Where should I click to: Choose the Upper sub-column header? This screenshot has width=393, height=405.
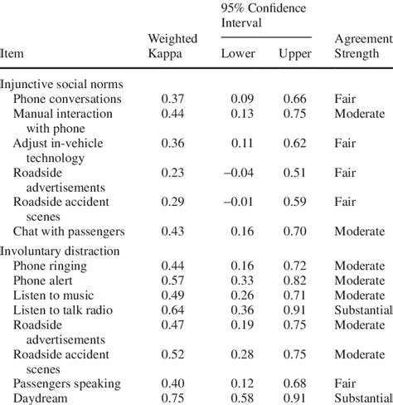pos(295,54)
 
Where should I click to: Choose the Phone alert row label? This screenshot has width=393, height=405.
pos(47,281)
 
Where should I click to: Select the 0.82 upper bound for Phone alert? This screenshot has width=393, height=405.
pos(296,281)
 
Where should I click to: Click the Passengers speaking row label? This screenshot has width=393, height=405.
pos(67,383)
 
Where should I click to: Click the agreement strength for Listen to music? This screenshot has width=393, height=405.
pos(360,295)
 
